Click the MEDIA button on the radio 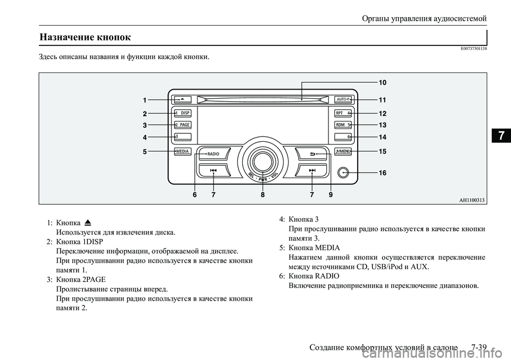[182, 151]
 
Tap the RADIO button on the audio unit [213, 154]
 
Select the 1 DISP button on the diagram [182, 113]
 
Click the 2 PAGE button [182, 125]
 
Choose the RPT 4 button [343, 113]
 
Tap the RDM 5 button [343, 125]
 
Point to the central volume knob [262, 161]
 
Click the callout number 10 [382, 83]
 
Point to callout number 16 [382, 173]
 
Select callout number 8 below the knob [262, 195]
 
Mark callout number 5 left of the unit [144, 152]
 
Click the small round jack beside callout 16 [343, 172]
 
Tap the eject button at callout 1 [182, 99]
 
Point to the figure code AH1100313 [472, 199]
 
